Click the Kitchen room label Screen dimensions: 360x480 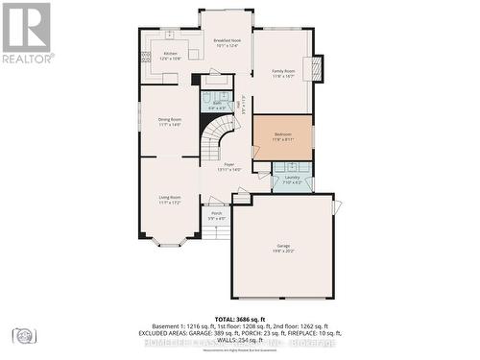click(170, 56)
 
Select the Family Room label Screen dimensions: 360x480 click(282, 74)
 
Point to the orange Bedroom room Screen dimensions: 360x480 click(282, 137)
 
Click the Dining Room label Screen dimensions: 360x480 click(170, 122)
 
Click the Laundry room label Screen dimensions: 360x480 click(292, 180)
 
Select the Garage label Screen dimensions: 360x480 click(283, 248)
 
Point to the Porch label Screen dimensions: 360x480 click(217, 215)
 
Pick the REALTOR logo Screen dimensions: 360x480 click(26, 34)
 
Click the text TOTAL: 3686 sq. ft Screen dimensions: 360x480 click(240, 318)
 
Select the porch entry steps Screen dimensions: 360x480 click(217, 230)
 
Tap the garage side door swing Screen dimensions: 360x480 click(337, 207)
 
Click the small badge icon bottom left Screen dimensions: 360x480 click(23, 335)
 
